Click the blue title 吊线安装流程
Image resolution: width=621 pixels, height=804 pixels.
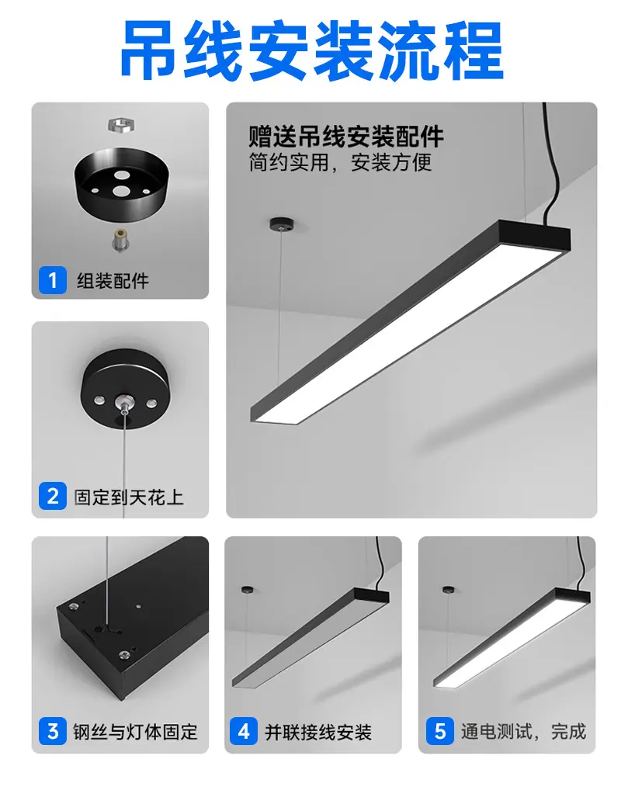(x=312, y=50)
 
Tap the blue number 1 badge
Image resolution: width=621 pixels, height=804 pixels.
(x=53, y=280)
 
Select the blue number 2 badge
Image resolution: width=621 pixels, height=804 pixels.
(x=53, y=496)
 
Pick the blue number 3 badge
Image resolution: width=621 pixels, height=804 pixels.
(x=53, y=731)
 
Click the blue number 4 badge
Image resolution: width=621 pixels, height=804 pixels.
(x=244, y=731)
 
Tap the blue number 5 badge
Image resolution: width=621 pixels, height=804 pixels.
(x=440, y=731)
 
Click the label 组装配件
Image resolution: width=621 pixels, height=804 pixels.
(x=113, y=280)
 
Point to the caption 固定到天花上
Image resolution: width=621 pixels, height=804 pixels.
(x=129, y=497)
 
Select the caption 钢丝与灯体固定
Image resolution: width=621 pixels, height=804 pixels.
(x=135, y=732)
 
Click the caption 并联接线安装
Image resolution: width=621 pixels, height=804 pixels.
(x=318, y=732)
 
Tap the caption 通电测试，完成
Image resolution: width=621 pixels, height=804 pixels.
(x=523, y=731)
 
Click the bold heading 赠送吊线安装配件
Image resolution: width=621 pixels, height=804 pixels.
(x=346, y=137)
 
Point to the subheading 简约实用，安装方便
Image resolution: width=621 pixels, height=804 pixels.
(x=340, y=162)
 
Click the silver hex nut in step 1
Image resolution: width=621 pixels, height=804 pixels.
(x=121, y=125)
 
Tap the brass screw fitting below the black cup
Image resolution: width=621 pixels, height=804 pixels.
(x=121, y=240)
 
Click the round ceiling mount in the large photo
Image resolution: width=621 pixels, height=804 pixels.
(x=281, y=224)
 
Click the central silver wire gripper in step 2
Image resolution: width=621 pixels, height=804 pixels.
(x=123, y=402)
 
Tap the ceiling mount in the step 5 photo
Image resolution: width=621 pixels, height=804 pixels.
(x=449, y=590)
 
